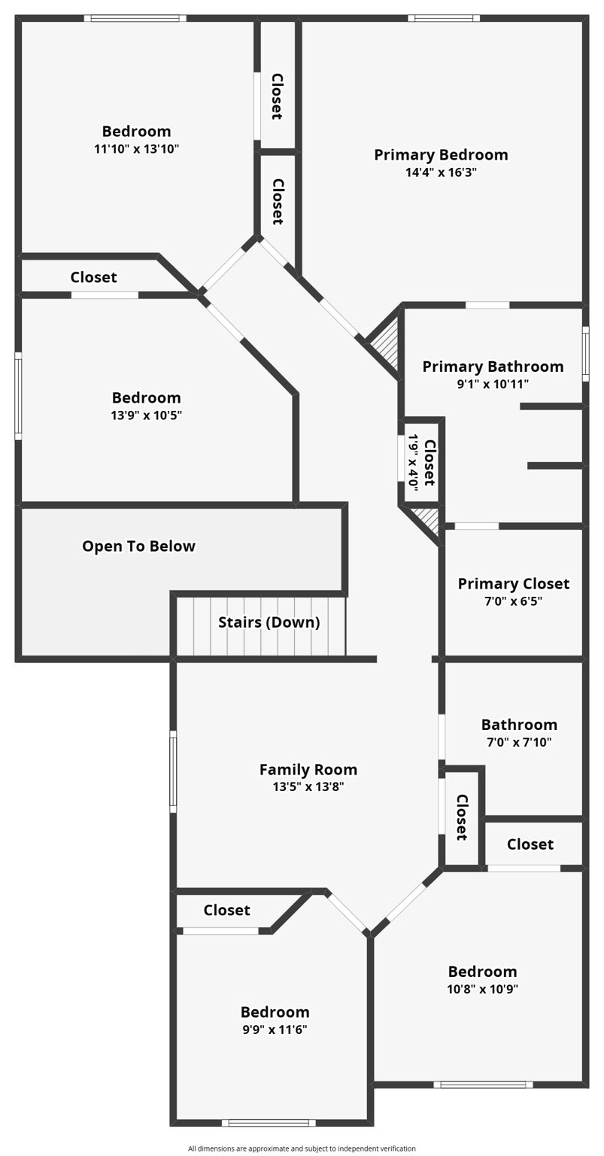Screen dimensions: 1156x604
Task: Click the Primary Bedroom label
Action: (441, 155)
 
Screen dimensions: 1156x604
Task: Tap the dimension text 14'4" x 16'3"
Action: (441, 172)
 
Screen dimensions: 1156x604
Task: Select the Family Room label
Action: (308, 769)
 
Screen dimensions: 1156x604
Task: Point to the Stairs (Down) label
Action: (269, 622)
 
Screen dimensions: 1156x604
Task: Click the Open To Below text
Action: (138, 546)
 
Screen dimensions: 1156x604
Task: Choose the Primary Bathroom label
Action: (493, 367)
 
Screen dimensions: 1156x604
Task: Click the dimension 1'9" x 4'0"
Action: (412, 462)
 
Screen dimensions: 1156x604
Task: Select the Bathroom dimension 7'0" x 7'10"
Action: (519, 742)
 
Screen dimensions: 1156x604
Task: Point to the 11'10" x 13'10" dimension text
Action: (136, 149)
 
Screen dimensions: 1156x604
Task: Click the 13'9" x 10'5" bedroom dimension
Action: (147, 415)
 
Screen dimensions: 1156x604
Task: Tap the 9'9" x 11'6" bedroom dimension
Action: (275, 1030)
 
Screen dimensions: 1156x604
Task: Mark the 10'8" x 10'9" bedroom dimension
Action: (482, 989)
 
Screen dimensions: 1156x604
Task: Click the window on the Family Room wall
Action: (173, 771)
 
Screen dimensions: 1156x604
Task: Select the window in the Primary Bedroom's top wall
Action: (444, 18)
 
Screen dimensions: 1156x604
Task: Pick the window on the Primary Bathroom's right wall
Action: (585, 354)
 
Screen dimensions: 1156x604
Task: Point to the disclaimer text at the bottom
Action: (302, 1148)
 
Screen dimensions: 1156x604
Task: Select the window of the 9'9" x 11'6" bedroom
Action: (269, 1123)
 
